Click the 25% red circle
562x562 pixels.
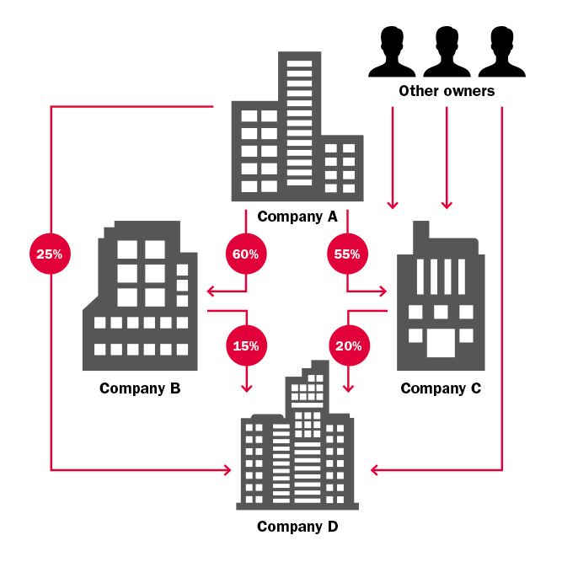click(51, 254)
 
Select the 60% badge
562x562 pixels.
click(246, 254)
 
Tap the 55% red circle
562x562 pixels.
click(347, 254)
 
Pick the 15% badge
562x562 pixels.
click(246, 345)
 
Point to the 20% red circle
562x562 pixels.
click(347, 345)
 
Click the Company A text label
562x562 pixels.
click(297, 217)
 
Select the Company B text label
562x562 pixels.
click(140, 388)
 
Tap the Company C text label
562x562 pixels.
click(441, 388)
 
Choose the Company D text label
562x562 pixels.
click(297, 527)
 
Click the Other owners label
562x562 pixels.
click(447, 90)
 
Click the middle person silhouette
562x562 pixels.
click(447, 52)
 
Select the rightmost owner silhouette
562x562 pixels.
click(501, 52)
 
